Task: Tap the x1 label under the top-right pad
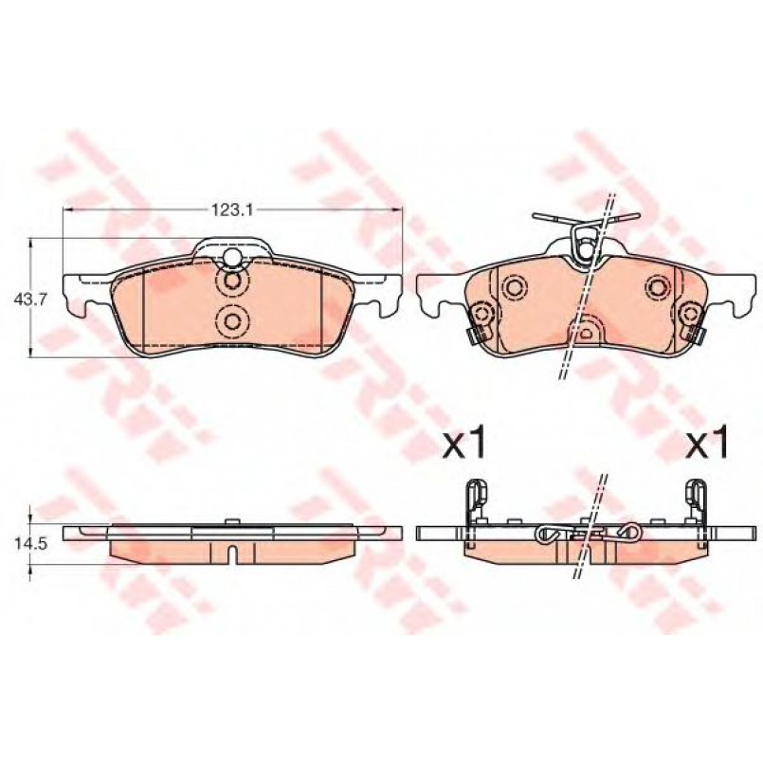pyautogui.click(x=463, y=442)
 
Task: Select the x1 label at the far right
pyautogui.click(x=706, y=442)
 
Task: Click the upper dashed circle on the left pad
pyautogui.click(x=232, y=282)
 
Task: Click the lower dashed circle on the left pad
pyautogui.click(x=232, y=320)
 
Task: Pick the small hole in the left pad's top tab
pyautogui.click(x=232, y=256)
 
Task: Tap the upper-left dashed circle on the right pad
pyautogui.click(x=513, y=286)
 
